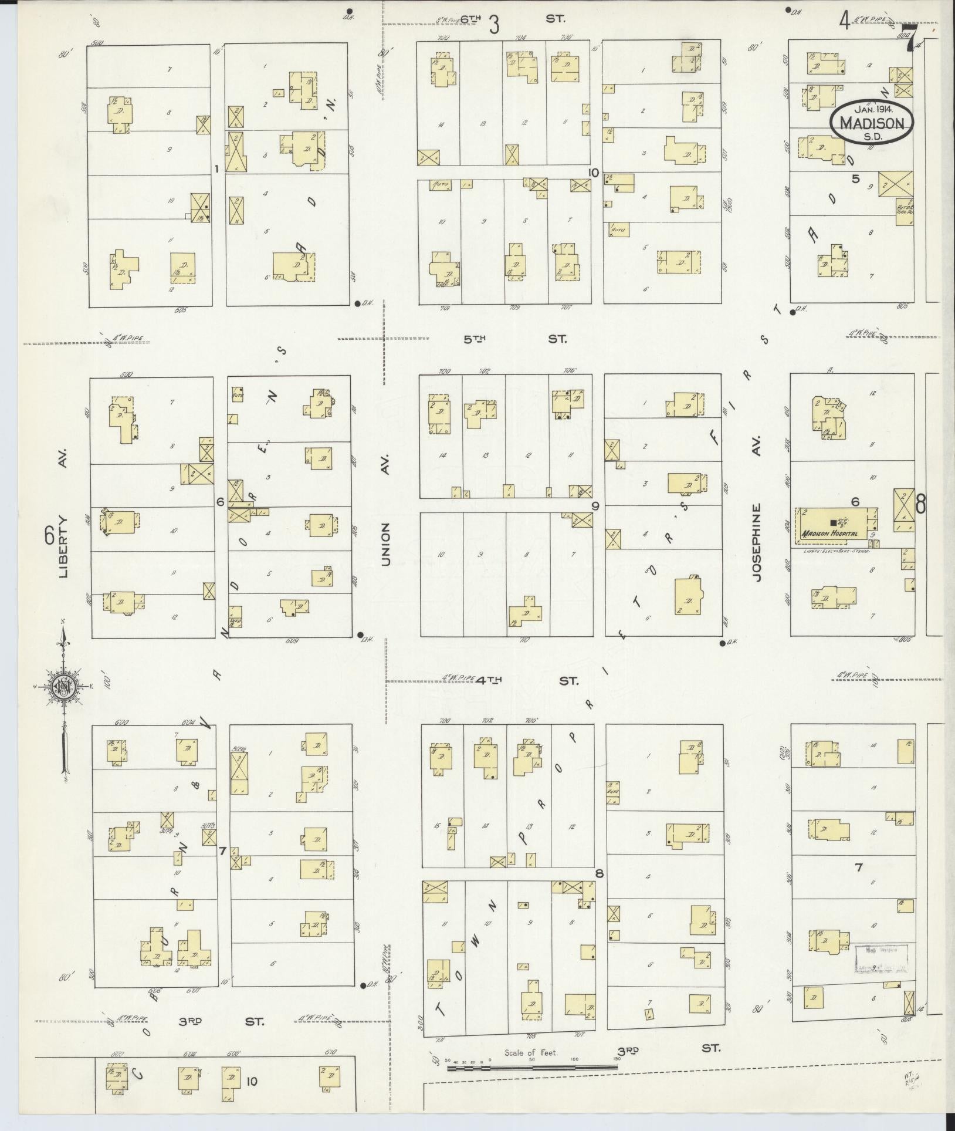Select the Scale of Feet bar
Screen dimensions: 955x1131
coord(531,1068)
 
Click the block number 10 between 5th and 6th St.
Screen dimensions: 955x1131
coord(594,173)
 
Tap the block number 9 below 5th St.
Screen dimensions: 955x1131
coord(595,506)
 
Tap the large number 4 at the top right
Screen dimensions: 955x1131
coord(844,22)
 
